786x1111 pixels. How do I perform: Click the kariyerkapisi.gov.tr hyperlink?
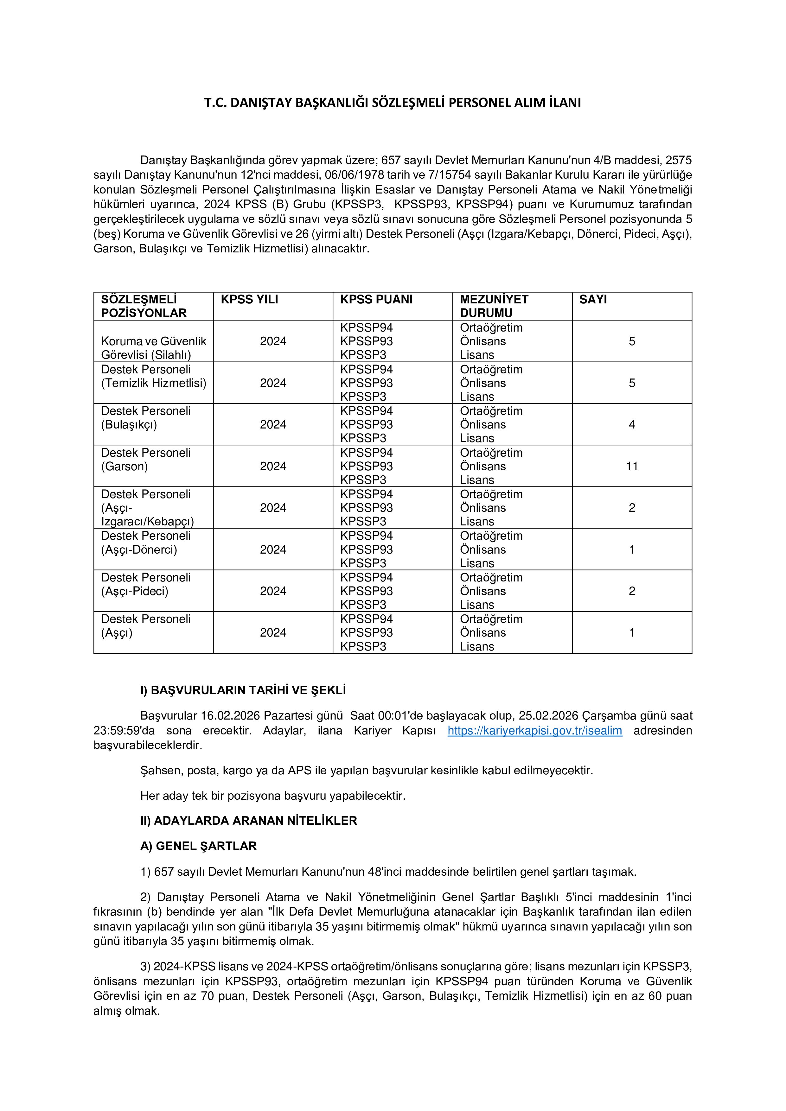(x=534, y=731)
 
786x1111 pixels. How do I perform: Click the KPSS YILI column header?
(x=249, y=300)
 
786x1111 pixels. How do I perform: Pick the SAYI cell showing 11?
(x=632, y=467)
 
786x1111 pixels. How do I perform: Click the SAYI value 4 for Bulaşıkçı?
(x=632, y=425)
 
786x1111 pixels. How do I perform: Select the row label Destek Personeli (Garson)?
(x=146, y=460)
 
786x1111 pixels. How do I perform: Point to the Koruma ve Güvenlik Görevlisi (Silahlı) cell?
(x=153, y=348)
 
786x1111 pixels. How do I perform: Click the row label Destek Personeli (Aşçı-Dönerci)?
(x=146, y=543)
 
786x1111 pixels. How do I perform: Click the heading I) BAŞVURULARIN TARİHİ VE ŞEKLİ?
(x=243, y=690)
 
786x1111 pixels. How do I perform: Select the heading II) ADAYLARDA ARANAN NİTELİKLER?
(x=249, y=821)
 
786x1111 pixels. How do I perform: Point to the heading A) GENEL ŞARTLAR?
(x=198, y=846)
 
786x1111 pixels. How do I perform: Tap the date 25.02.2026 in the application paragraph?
(x=548, y=716)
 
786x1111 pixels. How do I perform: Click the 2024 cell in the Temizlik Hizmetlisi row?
(x=273, y=383)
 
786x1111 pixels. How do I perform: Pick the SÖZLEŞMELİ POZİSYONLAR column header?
(x=144, y=306)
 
